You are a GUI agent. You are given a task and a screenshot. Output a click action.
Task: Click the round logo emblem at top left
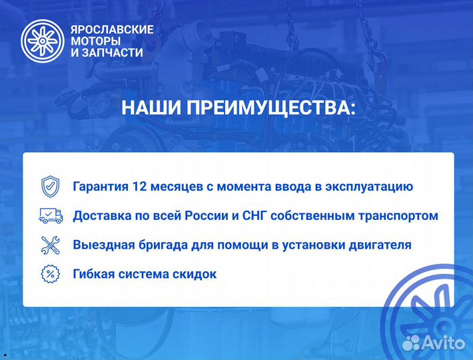tap(41, 41)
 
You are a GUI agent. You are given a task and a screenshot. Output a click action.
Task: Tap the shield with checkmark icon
tap(51, 186)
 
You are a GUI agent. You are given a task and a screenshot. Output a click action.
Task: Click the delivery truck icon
tap(51, 215)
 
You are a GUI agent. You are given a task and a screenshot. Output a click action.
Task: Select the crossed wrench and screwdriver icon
tap(51, 245)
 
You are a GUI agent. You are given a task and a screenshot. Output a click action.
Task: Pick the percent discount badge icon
tap(51, 273)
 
